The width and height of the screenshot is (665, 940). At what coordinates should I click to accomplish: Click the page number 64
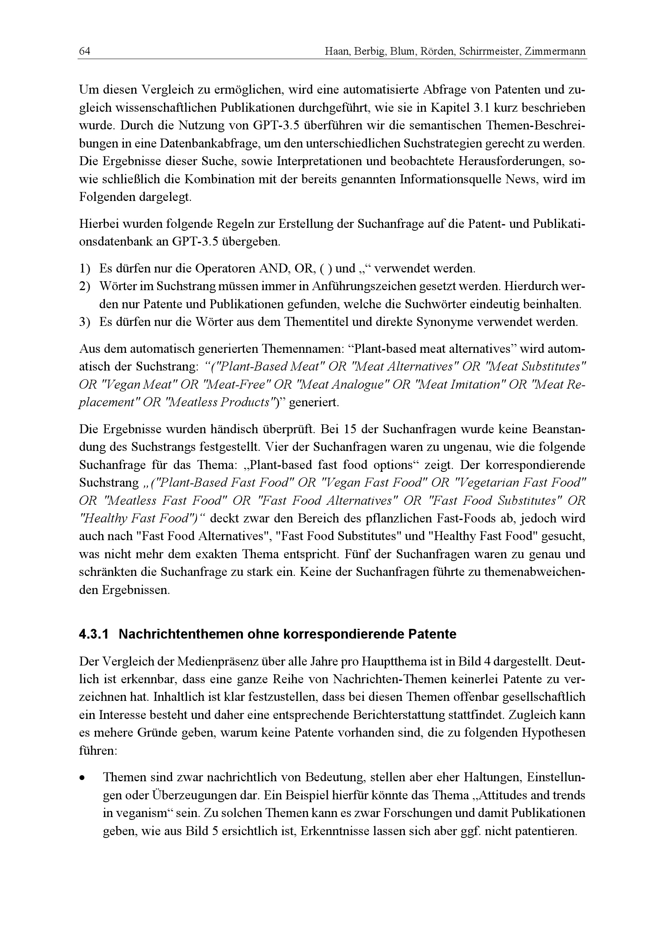point(84,51)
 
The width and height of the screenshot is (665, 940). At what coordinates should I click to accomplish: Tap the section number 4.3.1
point(94,634)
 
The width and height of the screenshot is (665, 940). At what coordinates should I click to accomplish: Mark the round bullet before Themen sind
point(83,777)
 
